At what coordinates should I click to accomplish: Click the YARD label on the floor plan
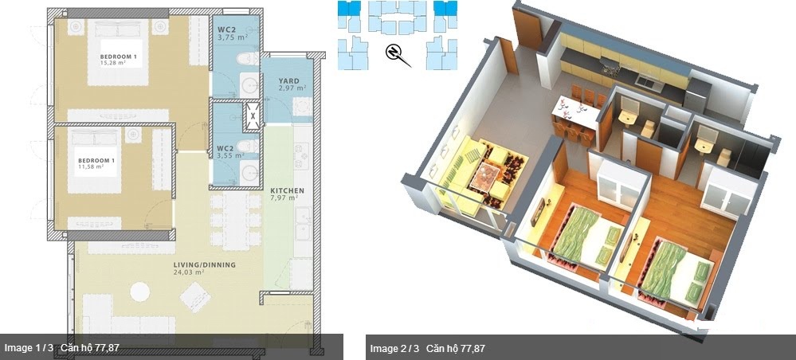point(288,80)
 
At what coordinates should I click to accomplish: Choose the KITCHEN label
point(286,191)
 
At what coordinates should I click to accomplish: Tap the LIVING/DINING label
point(205,264)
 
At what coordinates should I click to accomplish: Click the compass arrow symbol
point(394,53)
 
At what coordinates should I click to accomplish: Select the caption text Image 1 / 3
point(29,348)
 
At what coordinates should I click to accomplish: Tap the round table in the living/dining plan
point(140,292)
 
